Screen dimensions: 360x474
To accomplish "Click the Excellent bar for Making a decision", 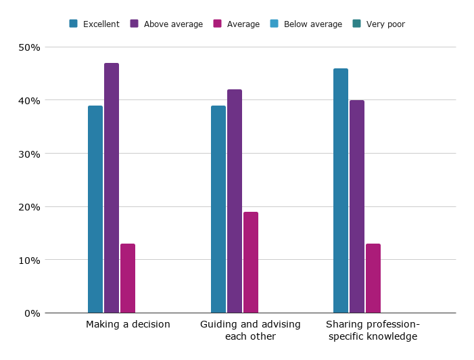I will point(95,209).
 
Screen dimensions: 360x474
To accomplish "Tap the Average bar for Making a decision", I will point(128,278).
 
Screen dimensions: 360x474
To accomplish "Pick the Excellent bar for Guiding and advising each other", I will point(218,209).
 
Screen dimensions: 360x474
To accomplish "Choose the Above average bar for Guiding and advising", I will point(235,201).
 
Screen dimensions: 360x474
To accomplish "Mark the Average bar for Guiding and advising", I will point(251,263).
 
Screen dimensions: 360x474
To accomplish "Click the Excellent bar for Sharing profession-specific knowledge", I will point(341,191).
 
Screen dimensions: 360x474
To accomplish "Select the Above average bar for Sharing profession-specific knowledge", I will point(357,206).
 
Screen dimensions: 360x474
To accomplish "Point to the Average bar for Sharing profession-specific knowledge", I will point(373,278).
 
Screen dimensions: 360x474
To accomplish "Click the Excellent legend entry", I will point(95,24).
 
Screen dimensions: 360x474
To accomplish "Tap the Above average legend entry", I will point(166,24).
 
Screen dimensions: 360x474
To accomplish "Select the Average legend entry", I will point(237,24).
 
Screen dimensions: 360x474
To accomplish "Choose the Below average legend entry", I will point(306,24).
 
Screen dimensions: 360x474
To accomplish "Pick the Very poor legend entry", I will point(379,24).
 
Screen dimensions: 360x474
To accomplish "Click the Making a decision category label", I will point(128,325).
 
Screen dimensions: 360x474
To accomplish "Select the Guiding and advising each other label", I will point(250,330).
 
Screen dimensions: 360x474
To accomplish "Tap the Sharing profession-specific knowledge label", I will point(373,330).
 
